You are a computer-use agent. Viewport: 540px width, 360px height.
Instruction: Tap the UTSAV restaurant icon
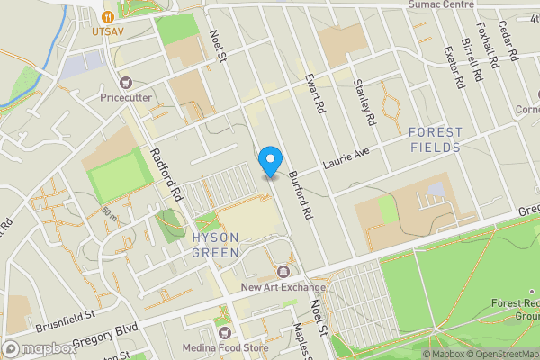tap(109, 15)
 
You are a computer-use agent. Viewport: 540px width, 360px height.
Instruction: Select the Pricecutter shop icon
tap(125, 83)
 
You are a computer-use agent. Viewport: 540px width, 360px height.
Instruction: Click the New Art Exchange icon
tap(284, 271)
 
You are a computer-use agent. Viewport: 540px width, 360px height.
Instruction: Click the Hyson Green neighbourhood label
tap(216, 245)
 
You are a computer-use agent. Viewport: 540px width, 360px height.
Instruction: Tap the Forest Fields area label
tap(436, 139)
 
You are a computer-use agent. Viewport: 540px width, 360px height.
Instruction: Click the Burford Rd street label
tap(301, 196)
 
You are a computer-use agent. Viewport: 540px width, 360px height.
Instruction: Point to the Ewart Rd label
tap(314, 93)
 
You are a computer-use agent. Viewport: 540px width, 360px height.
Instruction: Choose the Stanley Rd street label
tap(364, 101)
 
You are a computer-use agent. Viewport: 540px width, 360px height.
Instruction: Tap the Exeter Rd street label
tap(453, 66)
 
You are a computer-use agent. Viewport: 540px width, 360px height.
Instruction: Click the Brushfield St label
tap(66, 318)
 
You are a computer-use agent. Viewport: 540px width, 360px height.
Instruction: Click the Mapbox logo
tap(40, 348)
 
